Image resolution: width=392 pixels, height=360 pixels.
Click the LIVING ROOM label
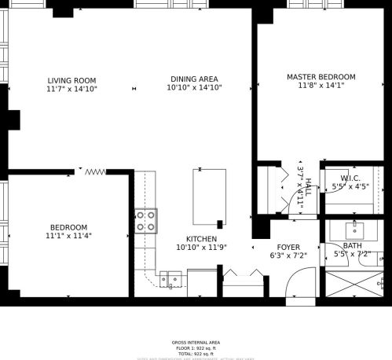[x=71, y=80]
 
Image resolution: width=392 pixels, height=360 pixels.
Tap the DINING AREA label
[x=194, y=79]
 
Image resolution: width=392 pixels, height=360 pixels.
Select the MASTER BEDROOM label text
[x=321, y=77]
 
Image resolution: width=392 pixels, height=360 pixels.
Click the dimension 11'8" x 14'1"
[x=321, y=86]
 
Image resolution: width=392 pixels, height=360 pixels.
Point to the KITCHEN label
[x=201, y=239]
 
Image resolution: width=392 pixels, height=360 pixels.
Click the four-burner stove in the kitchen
[x=146, y=220]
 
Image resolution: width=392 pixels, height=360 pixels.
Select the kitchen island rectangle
[x=209, y=197]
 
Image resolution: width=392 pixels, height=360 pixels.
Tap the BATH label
[x=352, y=246]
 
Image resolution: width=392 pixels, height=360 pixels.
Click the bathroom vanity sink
[x=354, y=228]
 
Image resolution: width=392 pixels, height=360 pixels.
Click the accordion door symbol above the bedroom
[x=95, y=171]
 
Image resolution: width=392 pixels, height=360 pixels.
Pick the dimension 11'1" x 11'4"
[x=69, y=236]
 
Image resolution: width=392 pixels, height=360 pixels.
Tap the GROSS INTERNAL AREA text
[x=196, y=343]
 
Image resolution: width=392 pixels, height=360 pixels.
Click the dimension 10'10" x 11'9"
[x=201, y=248]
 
